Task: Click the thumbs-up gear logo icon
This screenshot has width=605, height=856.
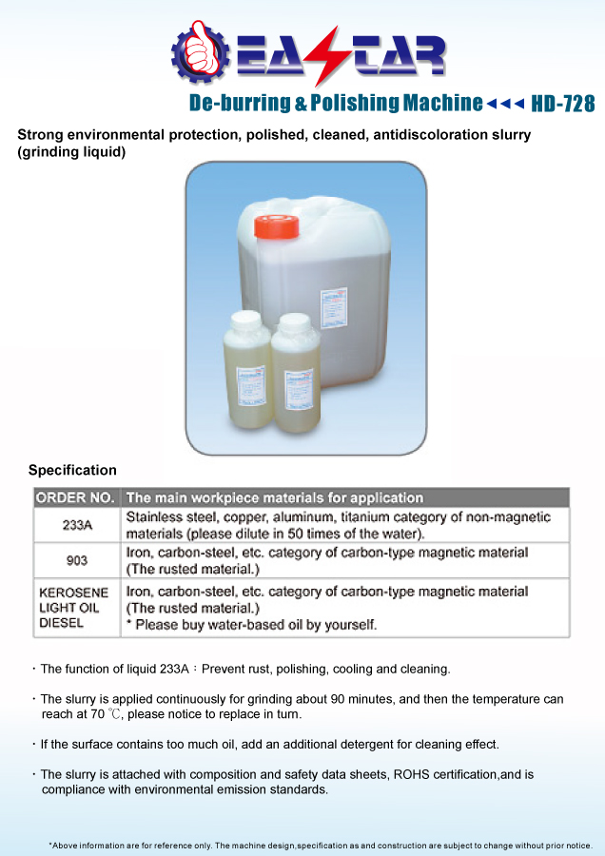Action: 198,53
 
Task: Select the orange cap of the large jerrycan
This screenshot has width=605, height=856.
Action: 276,226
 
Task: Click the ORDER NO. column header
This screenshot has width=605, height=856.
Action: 75,497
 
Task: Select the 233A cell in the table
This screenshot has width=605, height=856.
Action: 76,525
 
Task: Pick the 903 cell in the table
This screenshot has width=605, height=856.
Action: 76,560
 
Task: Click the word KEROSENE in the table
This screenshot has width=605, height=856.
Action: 73,593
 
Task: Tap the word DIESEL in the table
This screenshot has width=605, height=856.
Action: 62,624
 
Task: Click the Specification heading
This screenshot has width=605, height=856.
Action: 72,470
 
